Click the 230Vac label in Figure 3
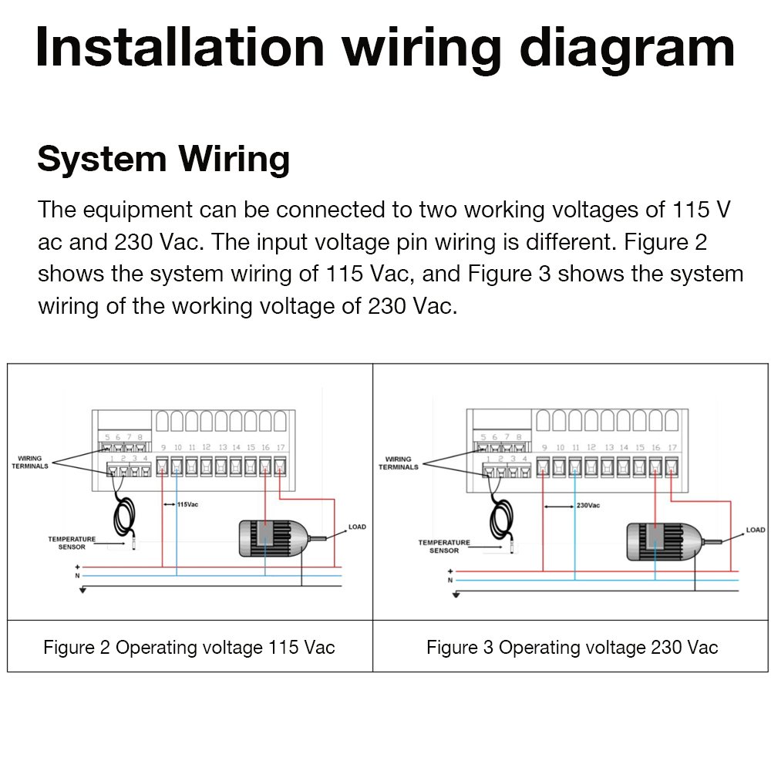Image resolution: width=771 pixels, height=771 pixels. (x=588, y=506)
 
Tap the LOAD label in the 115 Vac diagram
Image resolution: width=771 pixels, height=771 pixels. (x=357, y=527)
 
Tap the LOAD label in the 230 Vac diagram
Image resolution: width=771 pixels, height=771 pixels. (x=756, y=530)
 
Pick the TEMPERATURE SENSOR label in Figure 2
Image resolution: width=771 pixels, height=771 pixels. (x=72, y=543)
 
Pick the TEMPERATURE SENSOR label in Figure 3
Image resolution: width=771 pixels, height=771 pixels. (x=444, y=546)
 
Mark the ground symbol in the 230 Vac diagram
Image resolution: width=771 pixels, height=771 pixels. (x=456, y=594)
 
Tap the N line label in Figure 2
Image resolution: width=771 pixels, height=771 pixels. (x=77, y=576)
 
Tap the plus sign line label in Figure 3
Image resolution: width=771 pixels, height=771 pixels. (x=450, y=571)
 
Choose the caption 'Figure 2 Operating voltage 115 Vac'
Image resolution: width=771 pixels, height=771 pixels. (x=189, y=647)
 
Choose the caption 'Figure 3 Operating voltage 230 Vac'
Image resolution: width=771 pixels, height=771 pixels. (x=572, y=647)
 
